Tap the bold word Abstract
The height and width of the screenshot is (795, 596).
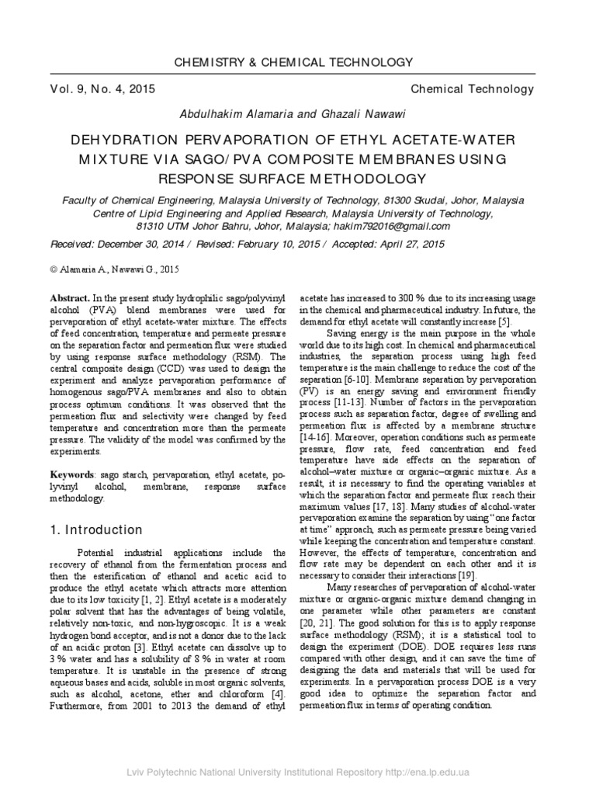pyautogui.click(x=71, y=298)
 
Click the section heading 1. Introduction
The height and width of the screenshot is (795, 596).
pyautogui.click(x=96, y=530)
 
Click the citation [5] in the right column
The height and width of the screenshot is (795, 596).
pyautogui.click(x=504, y=321)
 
